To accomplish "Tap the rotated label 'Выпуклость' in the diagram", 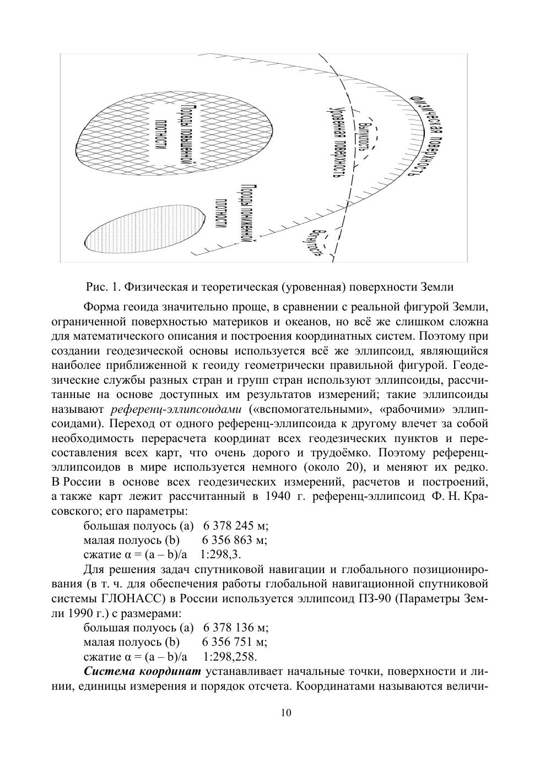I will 364,135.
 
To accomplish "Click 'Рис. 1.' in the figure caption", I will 103,287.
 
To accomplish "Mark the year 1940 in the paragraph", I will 278,496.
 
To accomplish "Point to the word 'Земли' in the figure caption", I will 437,287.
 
